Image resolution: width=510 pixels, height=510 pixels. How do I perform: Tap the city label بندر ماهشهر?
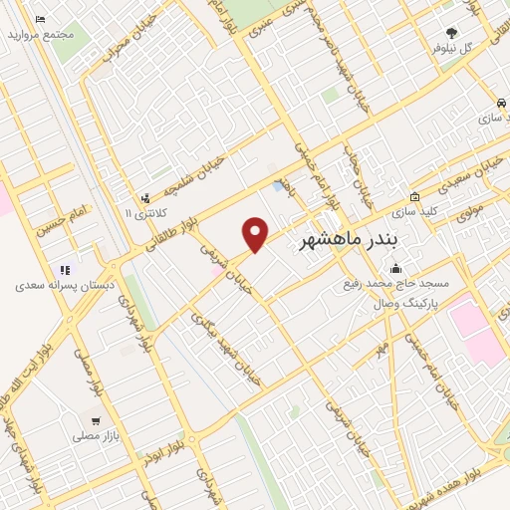pos(348,241)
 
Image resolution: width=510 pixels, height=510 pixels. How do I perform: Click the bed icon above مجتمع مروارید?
pos(40,20)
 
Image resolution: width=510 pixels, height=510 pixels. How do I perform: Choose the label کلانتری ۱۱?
pos(142,213)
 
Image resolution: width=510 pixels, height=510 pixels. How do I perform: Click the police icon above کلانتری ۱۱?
pos(145,198)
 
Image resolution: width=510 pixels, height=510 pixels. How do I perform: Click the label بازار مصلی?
pos(95,435)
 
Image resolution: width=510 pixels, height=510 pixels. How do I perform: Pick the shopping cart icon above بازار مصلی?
pos(96,420)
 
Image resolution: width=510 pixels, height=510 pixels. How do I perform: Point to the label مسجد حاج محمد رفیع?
pos(405,283)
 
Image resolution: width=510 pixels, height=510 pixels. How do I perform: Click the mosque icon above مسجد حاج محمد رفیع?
pos(396,268)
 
